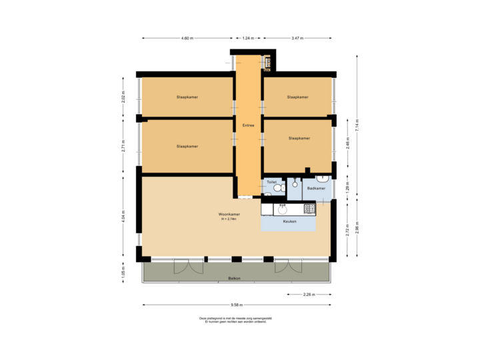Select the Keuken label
point(289,221)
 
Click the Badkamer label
point(316,189)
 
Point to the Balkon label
point(234,278)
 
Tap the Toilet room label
point(271,181)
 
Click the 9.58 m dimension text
point(236,306)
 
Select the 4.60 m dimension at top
point(187,39)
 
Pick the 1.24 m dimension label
point(248,39)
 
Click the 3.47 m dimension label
point(297,39)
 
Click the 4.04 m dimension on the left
point(123,217)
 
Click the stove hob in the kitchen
point(309,209)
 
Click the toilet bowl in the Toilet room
point(277,189)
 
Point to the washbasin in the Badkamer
point(321,179)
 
